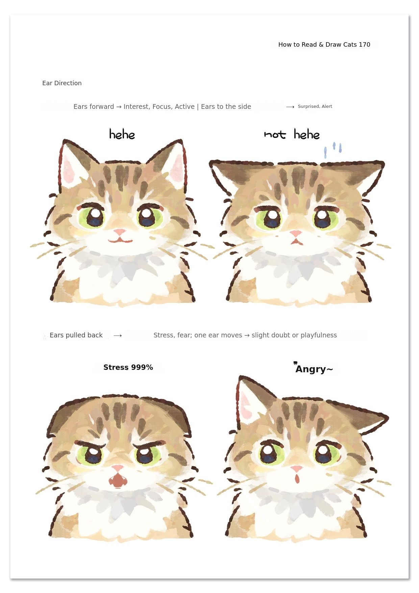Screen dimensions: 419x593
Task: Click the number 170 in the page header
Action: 364,45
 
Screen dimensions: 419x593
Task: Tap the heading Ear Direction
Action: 62,83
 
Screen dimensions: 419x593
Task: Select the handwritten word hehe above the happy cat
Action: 122,134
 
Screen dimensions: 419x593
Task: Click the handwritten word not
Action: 275,135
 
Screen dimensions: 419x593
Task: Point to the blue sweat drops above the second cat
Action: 333,150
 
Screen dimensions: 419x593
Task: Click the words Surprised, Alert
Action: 315,106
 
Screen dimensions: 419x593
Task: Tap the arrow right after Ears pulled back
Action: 118,335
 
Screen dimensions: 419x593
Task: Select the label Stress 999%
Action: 128,367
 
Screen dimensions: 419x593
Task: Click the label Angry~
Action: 314,369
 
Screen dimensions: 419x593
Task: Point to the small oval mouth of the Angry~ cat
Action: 297,479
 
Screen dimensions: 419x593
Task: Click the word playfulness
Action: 319,335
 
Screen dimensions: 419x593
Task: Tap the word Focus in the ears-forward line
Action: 161,107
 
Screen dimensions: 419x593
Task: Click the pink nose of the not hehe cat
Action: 296,234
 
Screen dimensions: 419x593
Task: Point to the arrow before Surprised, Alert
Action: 290,107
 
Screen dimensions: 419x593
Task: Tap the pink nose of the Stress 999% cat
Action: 118,468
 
